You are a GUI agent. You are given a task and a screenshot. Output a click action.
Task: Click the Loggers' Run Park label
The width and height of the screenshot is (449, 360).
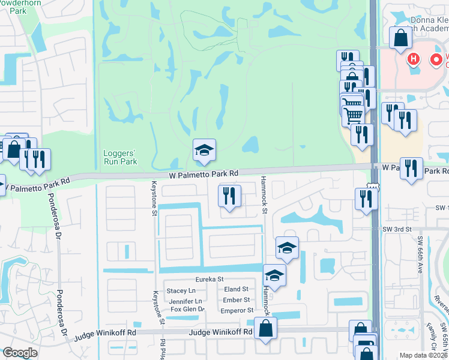(x=119, y=157)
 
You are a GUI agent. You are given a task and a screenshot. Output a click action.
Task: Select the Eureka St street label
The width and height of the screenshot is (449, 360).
(x=209, y=279)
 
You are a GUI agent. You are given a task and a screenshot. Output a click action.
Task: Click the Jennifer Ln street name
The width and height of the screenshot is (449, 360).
(x=185, y=301)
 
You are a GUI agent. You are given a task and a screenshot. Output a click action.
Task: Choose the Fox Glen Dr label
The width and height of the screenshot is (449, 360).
(x=188, y=310)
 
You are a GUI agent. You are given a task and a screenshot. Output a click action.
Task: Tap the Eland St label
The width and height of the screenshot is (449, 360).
(x=237, y=290)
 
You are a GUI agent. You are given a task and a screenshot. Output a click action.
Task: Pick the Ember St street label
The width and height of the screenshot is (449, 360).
(x=236, y=300)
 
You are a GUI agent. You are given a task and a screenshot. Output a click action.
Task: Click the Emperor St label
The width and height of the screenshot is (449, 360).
(x=237, y=310)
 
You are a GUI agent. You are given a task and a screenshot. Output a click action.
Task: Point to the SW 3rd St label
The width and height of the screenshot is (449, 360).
(x=399, y=229)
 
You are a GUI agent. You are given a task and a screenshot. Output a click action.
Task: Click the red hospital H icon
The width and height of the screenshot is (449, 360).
(x=413, y=59)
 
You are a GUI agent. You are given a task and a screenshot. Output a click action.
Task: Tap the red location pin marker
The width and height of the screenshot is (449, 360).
(x=436, y=59)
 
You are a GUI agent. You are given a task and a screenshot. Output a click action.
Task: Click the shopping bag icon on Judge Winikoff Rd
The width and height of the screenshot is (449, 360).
(x=265, y=329)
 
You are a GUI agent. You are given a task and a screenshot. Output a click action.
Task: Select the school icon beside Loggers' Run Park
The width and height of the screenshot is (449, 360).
(x=204, y=150)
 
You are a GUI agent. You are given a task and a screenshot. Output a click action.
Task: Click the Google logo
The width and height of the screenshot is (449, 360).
(x=20, y=353)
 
